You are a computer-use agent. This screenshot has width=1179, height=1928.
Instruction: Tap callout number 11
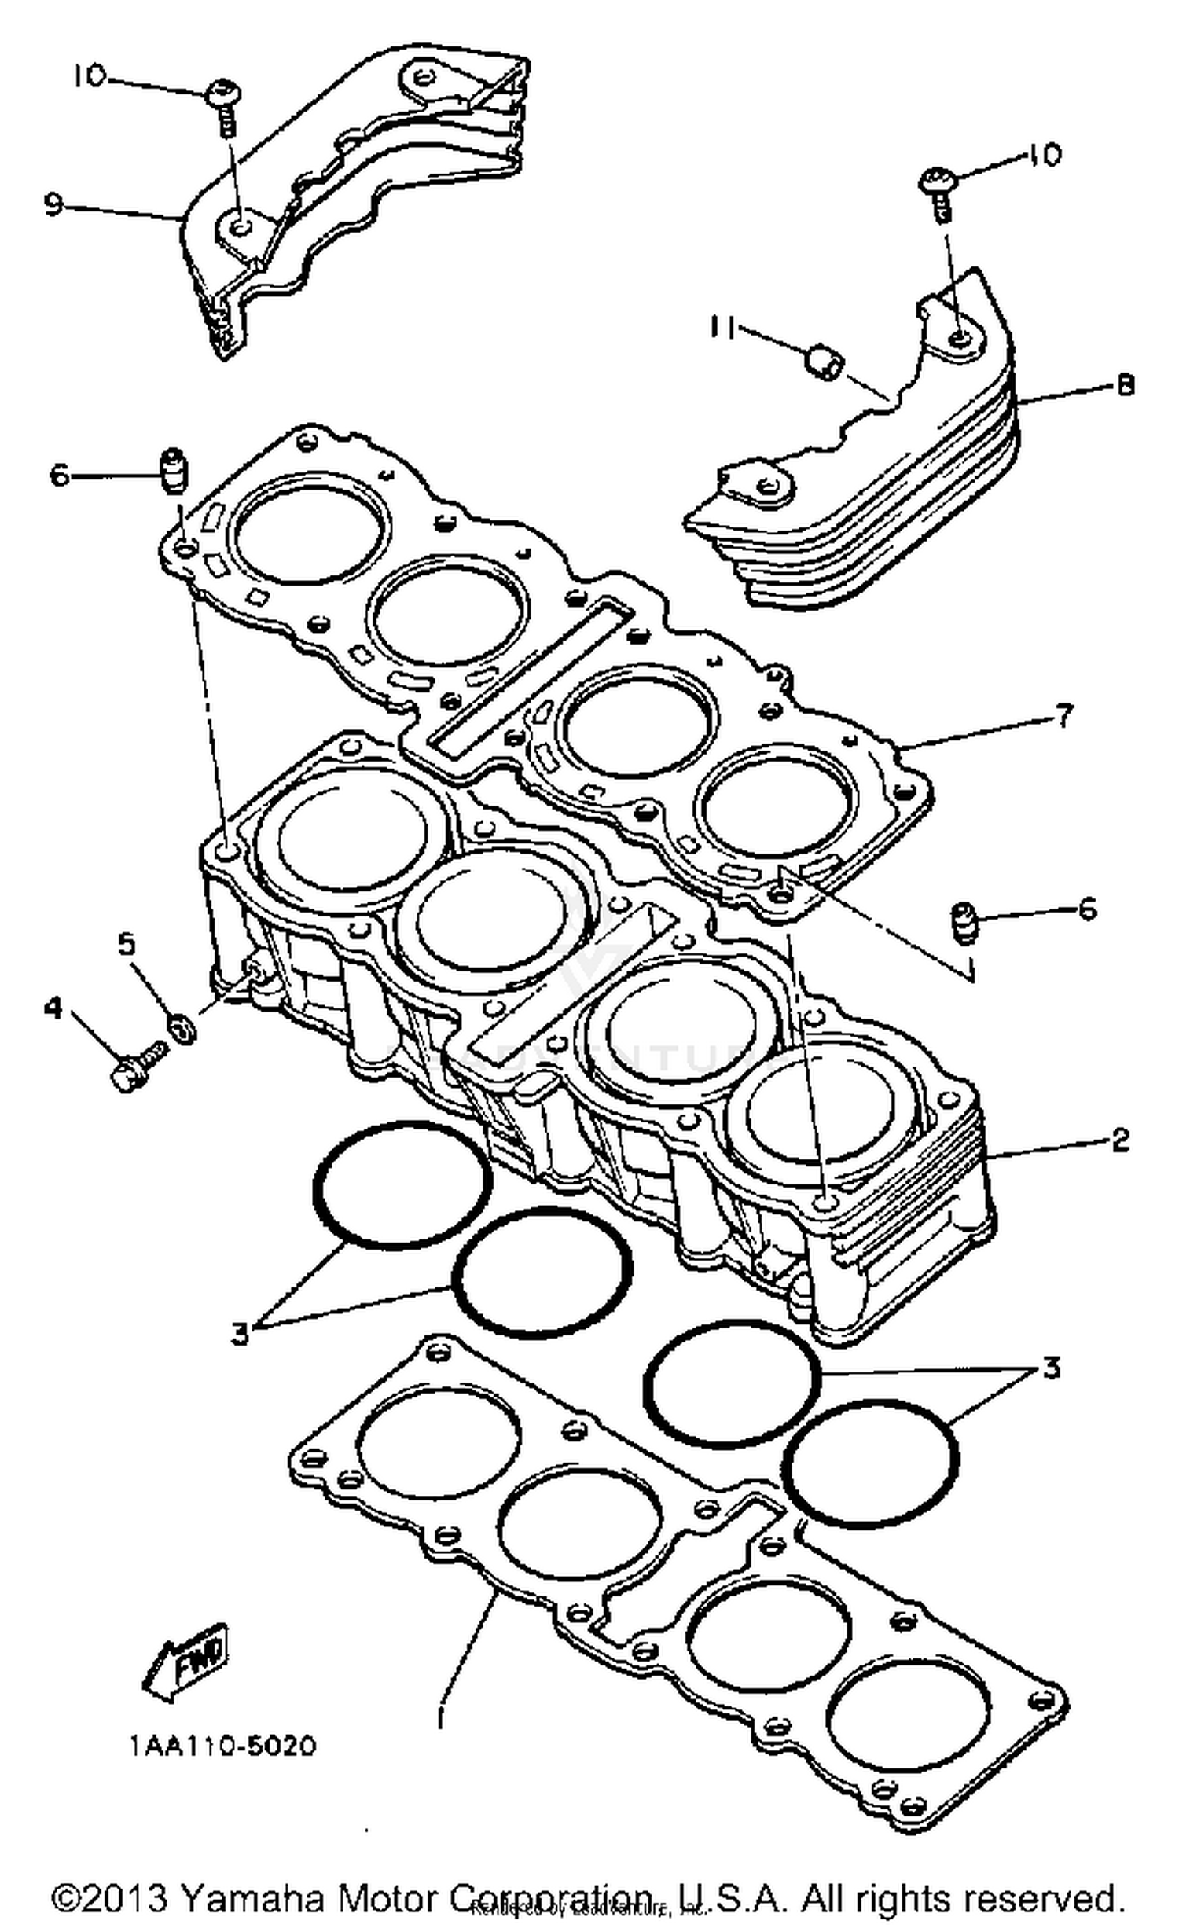tap(722, 328)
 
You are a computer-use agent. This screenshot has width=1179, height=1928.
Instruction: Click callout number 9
tap(53, 205)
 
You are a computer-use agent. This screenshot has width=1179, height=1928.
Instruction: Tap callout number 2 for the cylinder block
tap(1120, 1139)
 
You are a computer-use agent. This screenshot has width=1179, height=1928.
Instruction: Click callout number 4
tap(53, 1008)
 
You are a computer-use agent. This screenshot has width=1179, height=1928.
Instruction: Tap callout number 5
tap(127, 944)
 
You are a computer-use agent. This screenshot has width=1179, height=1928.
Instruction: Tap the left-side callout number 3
tap(240, 1332)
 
